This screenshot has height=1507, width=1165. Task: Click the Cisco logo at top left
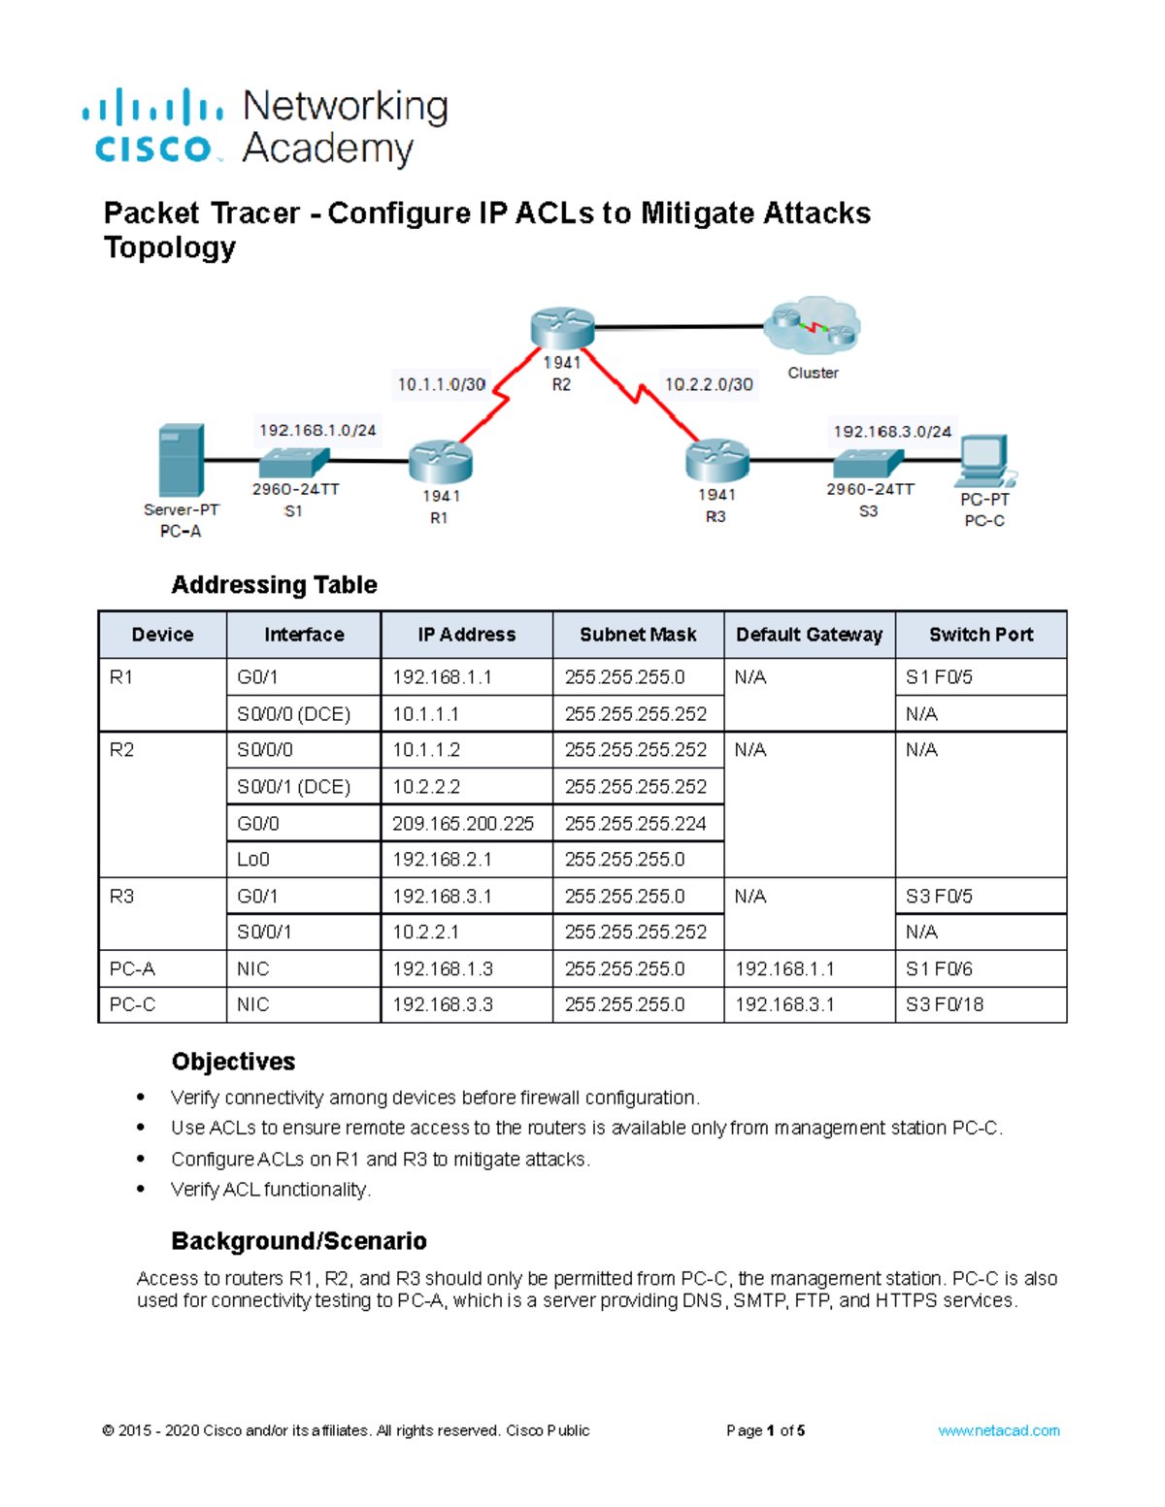(x=153, y=126)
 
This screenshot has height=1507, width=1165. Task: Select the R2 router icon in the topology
(x=562, y=328)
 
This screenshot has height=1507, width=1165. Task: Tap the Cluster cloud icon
(x=812, y=326)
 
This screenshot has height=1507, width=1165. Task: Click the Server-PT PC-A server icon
(x=182, y=460)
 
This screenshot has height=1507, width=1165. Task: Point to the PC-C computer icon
(x=984, y=460)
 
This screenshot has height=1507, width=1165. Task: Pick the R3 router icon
(x=716, y=460)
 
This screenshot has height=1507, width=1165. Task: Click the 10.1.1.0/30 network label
(x=442, y=384)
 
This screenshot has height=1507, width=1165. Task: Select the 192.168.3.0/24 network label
(x=892, y=431)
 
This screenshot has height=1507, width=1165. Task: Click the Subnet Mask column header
(x=638, y=635)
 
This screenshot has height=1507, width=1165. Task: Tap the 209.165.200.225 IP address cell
(x=463, y=823)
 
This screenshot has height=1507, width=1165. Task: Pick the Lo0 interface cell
(x=253, y=860)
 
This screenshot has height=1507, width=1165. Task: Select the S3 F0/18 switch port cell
(x=944, y=1004)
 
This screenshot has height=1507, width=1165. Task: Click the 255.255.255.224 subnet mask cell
(x=636, y=823)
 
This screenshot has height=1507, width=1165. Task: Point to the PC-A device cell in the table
(x=132, y=968)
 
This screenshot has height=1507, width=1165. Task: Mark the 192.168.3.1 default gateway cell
(x=784, y=1004)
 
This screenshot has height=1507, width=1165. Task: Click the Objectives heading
(x=233, y=1062)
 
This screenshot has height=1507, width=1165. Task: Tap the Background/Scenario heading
(x=299, y=1241)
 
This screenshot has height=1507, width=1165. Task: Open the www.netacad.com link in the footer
(x=998, y=1430)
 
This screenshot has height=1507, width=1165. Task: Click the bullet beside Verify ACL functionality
(x=142, y=1189)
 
